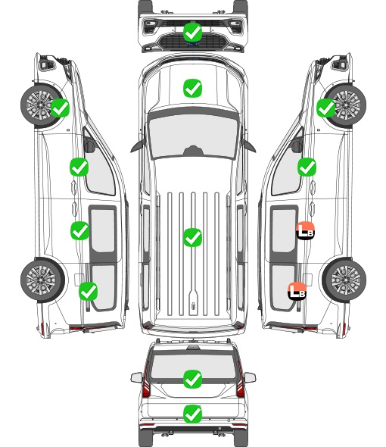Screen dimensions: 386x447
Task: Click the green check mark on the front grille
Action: tap(192, 32)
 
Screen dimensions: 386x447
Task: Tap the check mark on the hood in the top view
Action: tap(192, 88)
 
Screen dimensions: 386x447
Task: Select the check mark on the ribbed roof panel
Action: tap(192, 237)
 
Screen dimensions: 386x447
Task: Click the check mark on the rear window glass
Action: tap(192, 379)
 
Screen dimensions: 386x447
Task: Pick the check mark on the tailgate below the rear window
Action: tap(192, 414)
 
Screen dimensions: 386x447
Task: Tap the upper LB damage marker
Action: tap(305, 230)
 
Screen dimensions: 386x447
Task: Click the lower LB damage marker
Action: tap(297, 291)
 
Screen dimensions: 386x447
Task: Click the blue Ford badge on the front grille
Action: tap(192, 44)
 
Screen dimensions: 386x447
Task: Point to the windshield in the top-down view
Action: tap(193, 136)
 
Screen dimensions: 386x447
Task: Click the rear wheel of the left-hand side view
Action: tap(42, 280)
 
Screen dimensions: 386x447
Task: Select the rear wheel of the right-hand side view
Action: tap(344, 280)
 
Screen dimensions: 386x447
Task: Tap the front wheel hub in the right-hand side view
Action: tap(347, 105)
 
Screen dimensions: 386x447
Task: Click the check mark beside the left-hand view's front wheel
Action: tap(60, 108)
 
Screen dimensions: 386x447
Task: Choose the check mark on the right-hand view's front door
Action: tap(307, 167)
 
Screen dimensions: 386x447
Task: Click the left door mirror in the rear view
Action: tap(136, 378)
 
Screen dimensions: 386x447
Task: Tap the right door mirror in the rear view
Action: tap(250, 378)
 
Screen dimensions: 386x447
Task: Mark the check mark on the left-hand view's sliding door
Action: tap(79, 230)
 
